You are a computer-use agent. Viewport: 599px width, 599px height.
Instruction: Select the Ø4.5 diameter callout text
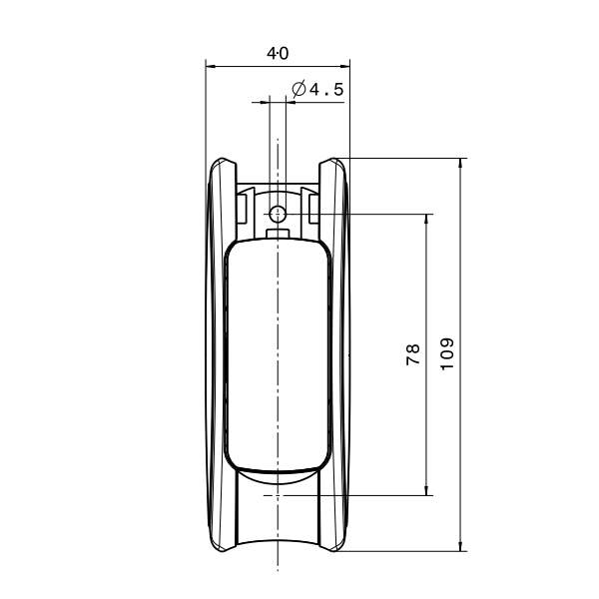(317, 90)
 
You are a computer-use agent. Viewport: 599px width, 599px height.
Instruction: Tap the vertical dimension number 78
(413, 353)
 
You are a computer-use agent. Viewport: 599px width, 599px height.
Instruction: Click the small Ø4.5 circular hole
(279, 213)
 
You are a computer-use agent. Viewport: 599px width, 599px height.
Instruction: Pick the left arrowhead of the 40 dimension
(210, 67)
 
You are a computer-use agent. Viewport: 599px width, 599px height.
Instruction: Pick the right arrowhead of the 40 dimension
(345, 67)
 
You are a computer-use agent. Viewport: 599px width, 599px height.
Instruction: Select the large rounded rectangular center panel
(278, 354)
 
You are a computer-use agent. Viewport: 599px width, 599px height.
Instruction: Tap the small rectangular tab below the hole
(279, 234)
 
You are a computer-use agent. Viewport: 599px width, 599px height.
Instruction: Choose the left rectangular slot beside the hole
(242, 208)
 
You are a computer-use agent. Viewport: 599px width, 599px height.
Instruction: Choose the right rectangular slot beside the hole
(313, 208)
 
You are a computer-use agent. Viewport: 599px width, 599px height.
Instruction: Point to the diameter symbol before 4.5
(298, 90)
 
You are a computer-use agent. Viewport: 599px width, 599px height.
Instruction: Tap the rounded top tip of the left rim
(224, 163)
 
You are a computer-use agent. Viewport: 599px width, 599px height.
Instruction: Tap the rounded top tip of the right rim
(332, 163)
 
